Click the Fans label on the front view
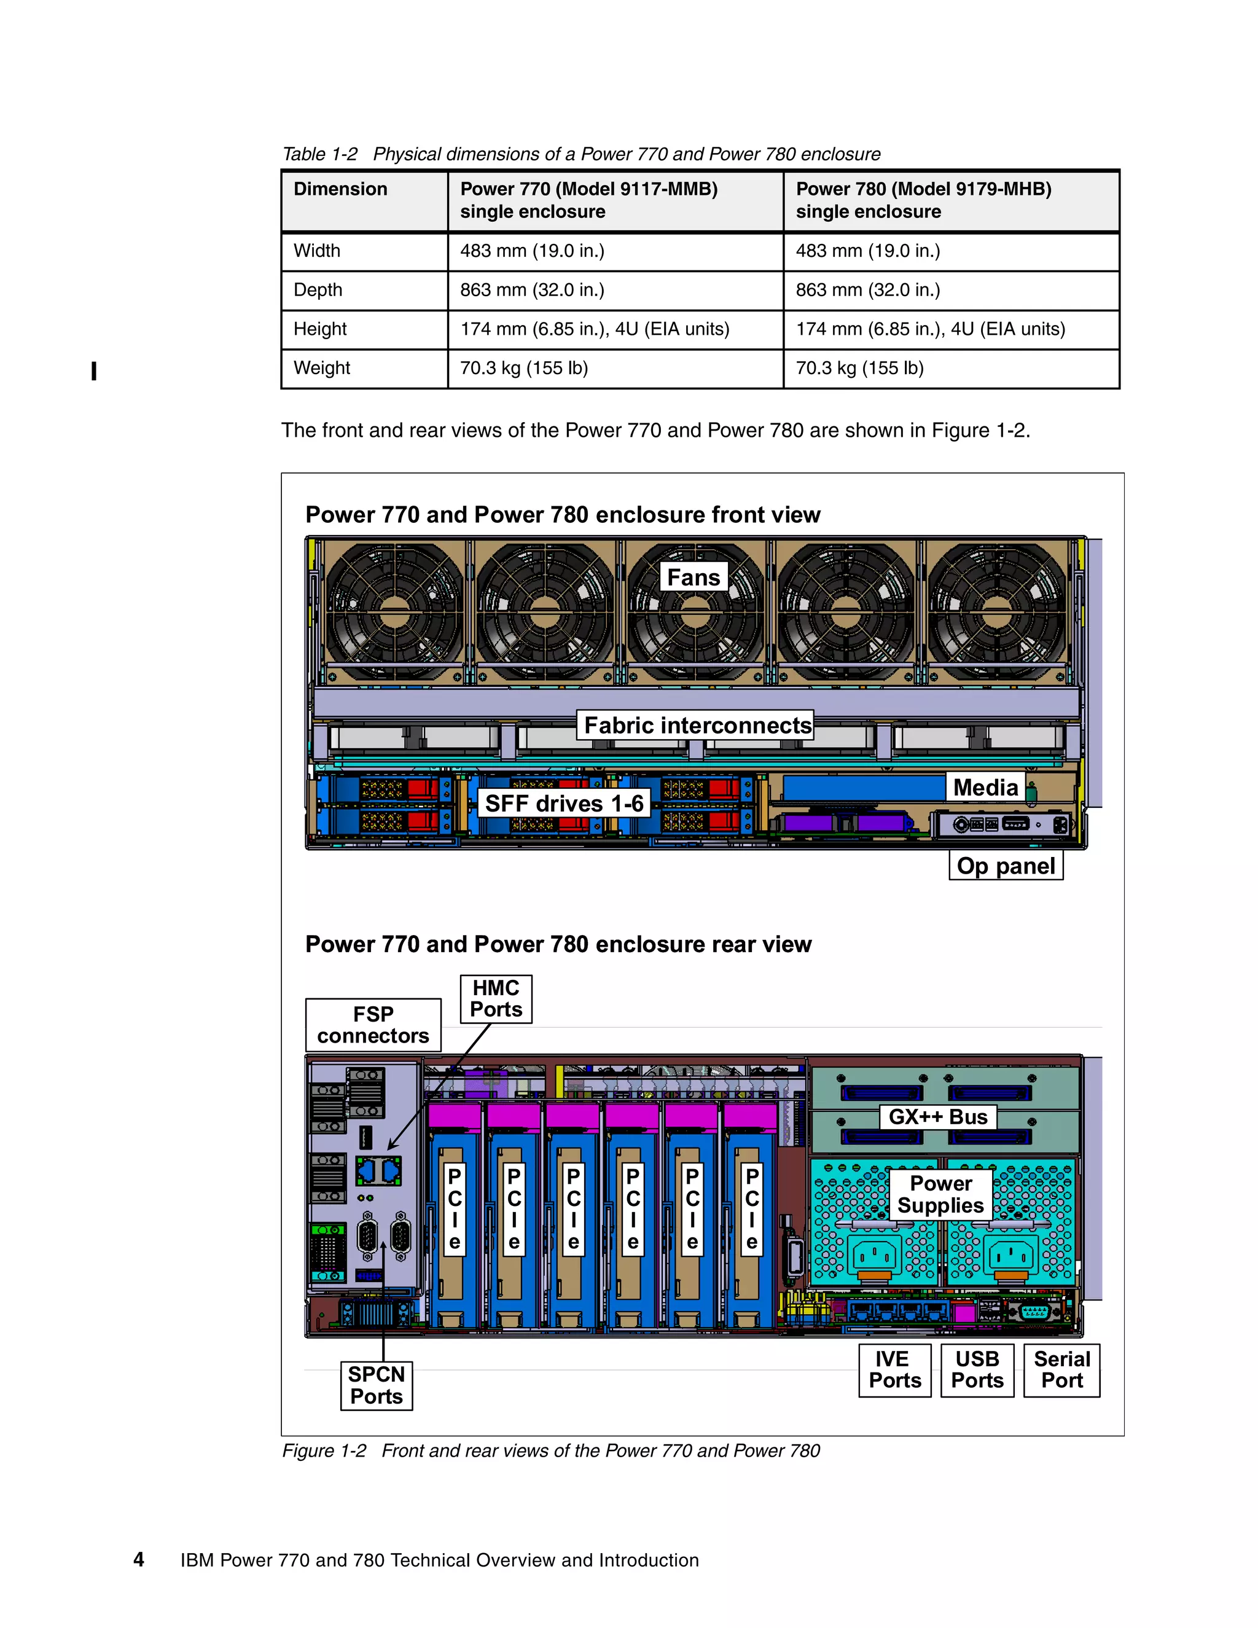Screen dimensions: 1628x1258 point(693,577)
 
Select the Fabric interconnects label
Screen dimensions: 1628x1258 point(696,726)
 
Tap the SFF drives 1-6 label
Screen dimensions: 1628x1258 point(563,804)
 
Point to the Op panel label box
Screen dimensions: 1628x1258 point(1006,866)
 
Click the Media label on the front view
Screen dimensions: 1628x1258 point(985,787)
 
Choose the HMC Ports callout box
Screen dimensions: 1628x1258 point(496,999)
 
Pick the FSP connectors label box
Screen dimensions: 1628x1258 point(373,1025)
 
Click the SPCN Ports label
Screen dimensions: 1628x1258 point(377,1385)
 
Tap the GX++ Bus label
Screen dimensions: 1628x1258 point(937,1117)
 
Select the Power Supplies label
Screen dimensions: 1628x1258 point(940,1195)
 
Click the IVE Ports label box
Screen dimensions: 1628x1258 point(894,1370)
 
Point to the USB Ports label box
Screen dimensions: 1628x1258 point(977,1370)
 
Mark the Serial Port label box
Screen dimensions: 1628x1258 point(1061,1370)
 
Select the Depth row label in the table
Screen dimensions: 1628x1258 point(318,290)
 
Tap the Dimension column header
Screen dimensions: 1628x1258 point(340,189)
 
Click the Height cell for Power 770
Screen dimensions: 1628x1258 point(594,329)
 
